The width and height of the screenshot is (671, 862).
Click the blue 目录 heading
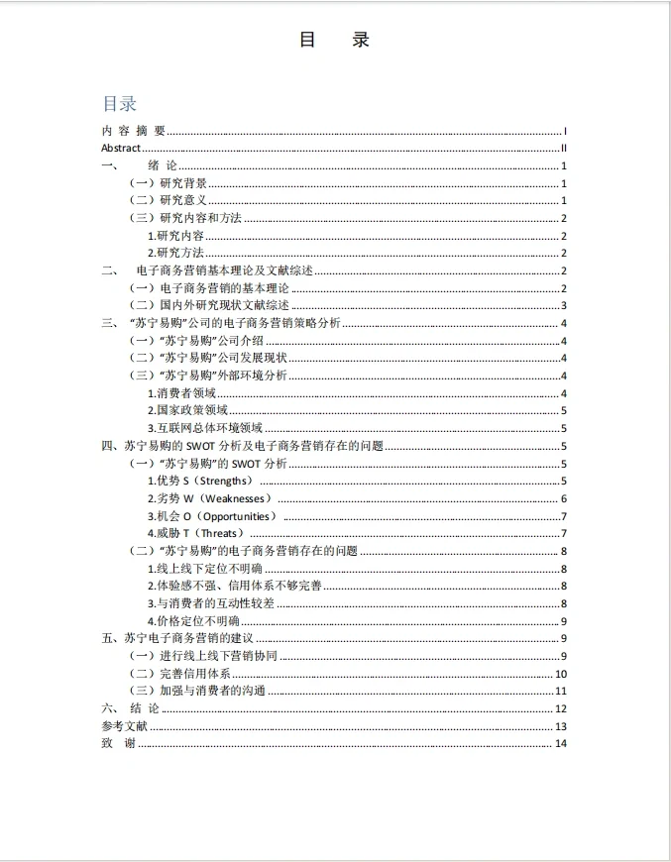119,104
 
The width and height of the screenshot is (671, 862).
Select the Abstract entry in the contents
121,148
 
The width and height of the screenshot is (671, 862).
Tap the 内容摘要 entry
133,131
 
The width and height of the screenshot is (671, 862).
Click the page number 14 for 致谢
560,744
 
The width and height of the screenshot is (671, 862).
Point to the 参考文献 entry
124,726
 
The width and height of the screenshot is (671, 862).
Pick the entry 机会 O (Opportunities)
212,516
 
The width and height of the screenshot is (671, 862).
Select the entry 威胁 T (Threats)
195,533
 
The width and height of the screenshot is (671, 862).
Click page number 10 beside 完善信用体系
560,674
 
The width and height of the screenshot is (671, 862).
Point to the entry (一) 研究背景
168,183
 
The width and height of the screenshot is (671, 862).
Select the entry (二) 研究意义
168,200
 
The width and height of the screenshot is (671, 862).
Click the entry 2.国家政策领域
187,410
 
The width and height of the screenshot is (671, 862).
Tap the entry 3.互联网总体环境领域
205,428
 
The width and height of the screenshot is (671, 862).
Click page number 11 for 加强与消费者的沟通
560,691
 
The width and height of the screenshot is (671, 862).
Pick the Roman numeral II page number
562,148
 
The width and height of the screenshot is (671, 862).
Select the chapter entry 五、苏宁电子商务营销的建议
179,638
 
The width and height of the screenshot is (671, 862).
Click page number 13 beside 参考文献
560,726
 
